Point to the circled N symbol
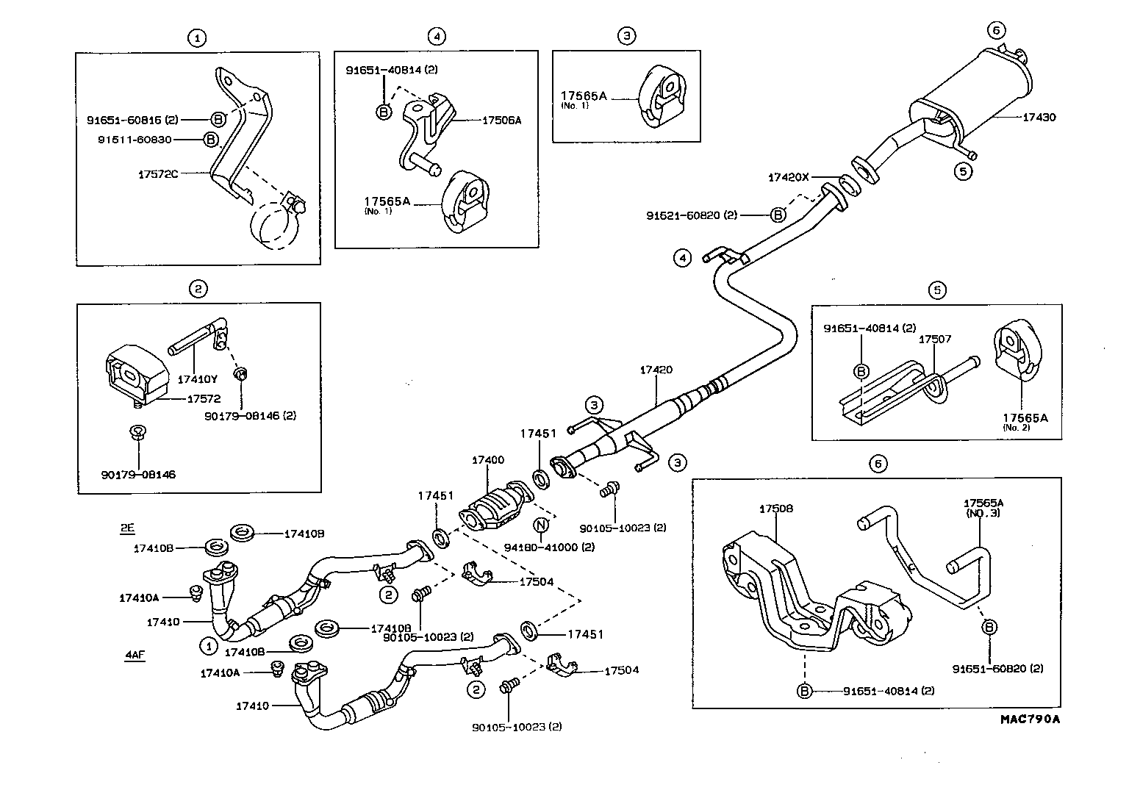click(x=541, y=525)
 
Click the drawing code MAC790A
click(x=1028, y=719)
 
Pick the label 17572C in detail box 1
click(x=158, y=174)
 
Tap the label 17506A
click(x=502, y=121)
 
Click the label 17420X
click(x=788, y=177)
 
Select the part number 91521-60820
click(x=691, y=215)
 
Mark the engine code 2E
click(x=128, y=528)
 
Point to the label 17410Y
click(x=198, y=379)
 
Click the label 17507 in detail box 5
click(x=934, y=339)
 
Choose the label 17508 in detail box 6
click(x=775, y=509)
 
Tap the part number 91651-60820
click(x=997, y=669)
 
